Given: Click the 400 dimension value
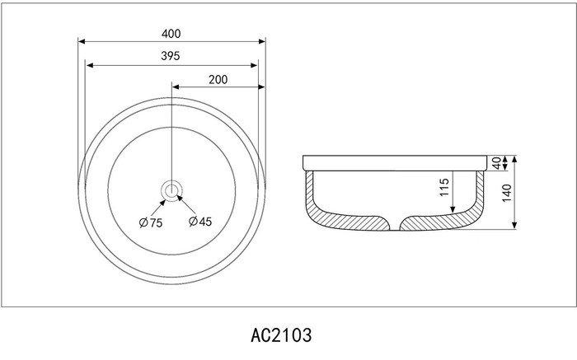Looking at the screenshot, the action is coord(171,34).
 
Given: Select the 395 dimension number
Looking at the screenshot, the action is coord(171,56).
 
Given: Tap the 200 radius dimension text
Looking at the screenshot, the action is coord(218,79).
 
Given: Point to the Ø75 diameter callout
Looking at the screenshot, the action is coord(151,222).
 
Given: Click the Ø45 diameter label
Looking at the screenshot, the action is coord(200,222).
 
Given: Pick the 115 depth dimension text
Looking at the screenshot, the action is coord(444,187).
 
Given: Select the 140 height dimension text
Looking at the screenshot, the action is coord(507,193).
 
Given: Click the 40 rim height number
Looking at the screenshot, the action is coord(497,163).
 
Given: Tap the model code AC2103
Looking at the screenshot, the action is coord(281,335).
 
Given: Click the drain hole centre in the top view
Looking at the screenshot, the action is coord(171,191).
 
